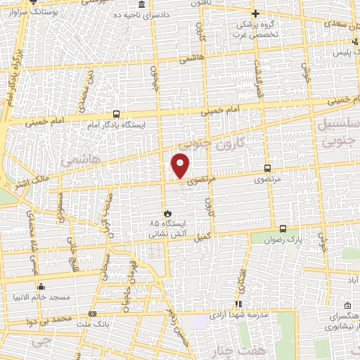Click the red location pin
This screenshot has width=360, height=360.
[181, 165]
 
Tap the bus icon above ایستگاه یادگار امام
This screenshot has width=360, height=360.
[116, 113]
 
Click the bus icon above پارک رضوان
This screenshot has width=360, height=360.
[283, 229]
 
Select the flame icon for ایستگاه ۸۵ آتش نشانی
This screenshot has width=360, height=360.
[167, 212]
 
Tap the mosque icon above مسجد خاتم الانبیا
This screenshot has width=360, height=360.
[41, 287]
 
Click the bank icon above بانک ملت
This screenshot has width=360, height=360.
[92, 314]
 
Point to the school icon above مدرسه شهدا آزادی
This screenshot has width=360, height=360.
[238, 304]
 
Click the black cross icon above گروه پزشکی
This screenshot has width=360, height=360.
[255, 13]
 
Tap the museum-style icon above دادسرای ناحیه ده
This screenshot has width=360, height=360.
[143, 5]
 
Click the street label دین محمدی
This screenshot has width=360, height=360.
[80, 96]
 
